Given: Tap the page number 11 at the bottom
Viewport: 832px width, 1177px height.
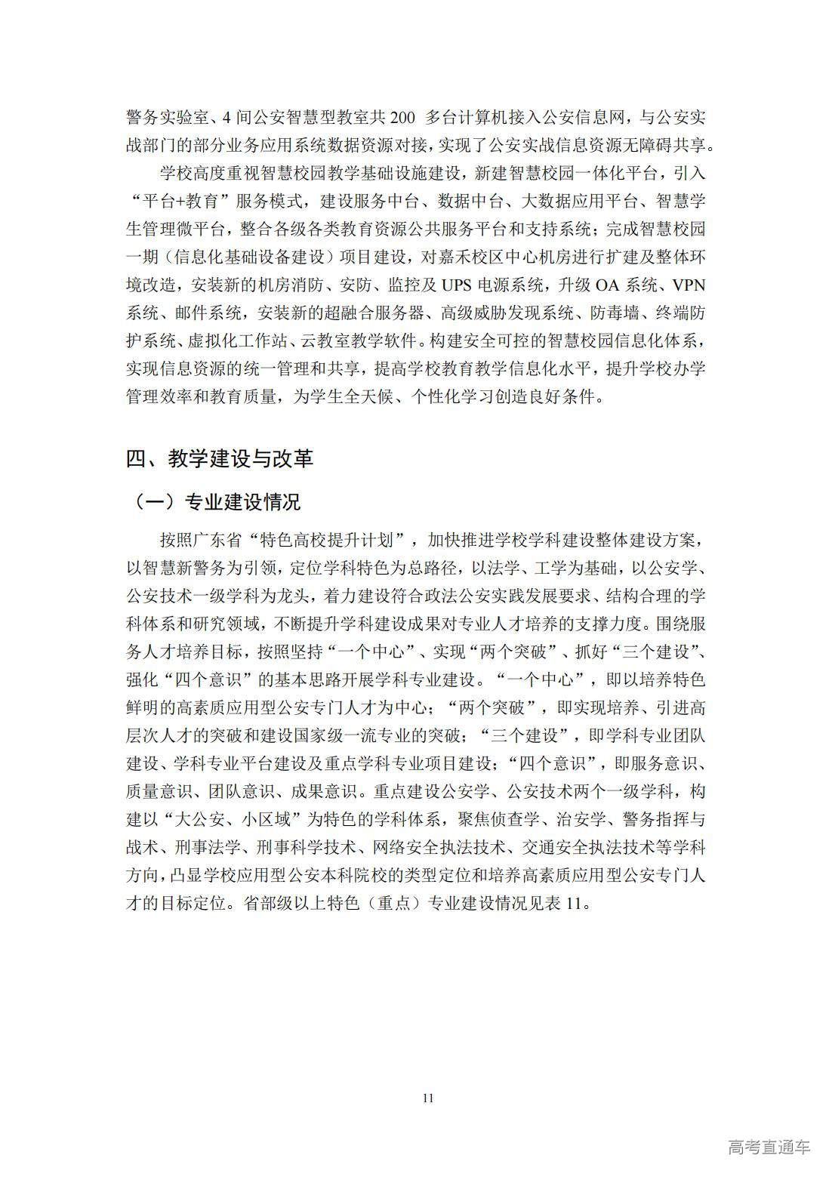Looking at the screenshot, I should pyautogui.click(x=428, y=1098).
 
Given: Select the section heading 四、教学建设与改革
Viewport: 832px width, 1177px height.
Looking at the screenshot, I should pyautogui.click(x=219, y=458).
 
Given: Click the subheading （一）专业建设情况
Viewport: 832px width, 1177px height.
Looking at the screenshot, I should pyautogui.click(x=215, y=501).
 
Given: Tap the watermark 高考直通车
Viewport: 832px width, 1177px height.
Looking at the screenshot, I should pyautogui.click(x=769, y=1148).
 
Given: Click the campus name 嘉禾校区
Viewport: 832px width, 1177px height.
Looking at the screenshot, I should pyautogui.click(x=479, y=257).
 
